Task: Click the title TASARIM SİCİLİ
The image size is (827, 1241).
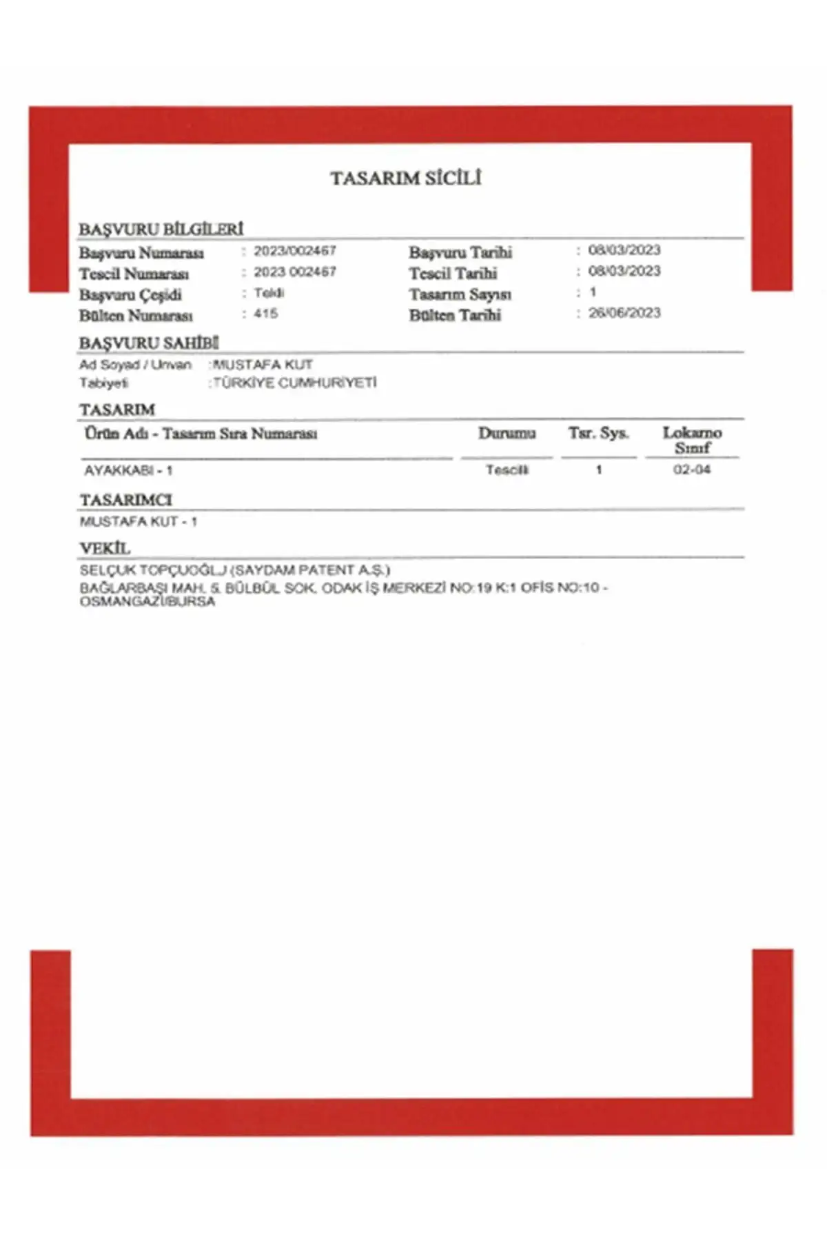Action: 405,178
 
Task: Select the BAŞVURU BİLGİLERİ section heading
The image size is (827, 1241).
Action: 161,229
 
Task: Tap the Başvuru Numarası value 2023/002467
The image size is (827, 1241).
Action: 294,251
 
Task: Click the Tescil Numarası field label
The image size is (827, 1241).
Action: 134,274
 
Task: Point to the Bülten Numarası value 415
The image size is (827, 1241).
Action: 265,314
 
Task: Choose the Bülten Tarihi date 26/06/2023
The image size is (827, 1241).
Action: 624,313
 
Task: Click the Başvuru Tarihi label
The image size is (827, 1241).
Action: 460,252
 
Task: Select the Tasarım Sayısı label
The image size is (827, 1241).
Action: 460,294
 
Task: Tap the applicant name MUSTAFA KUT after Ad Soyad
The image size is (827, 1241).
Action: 263,365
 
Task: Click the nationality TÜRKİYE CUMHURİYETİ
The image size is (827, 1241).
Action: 295,383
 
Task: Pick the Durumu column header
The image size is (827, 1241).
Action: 507,434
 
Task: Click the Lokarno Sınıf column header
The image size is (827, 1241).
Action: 692,440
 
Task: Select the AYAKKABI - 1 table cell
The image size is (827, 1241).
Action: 128,471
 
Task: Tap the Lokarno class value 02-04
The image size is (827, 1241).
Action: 691,470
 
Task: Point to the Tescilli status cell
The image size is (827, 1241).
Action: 507,470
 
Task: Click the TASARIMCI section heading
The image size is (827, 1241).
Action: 125,500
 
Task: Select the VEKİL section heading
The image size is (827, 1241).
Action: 105,549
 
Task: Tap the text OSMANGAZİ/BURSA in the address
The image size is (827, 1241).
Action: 147,601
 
